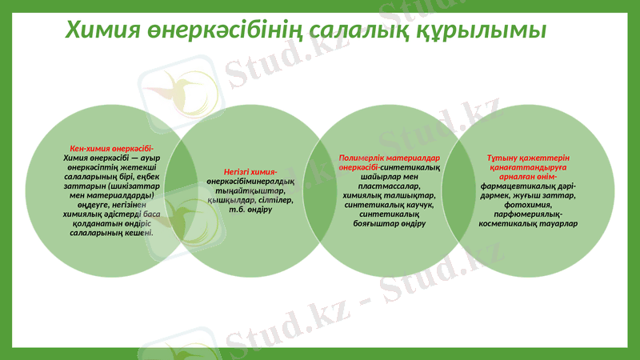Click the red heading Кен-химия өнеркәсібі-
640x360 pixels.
(x=112, y=149)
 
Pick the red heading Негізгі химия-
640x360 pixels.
(x=250, y=172)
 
